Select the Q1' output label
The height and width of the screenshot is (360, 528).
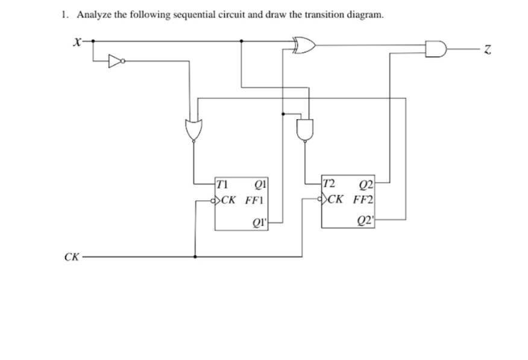pos(260,223)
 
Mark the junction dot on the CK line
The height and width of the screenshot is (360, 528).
pos(194,256)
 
